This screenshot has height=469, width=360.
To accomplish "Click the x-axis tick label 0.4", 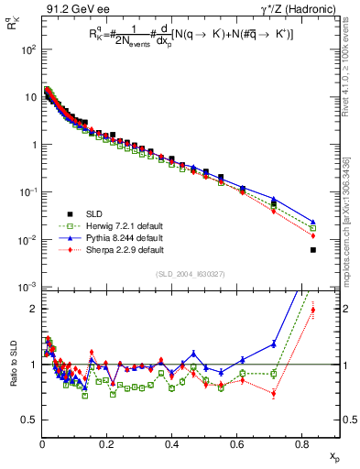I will point(172,446).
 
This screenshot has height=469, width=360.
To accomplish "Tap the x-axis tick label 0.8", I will point(302,446).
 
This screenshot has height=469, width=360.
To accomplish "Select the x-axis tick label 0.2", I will point(107,446).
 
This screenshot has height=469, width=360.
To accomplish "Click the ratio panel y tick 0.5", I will point(30,420).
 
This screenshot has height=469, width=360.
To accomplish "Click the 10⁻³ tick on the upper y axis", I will point(28,288).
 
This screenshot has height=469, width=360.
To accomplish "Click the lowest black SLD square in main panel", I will point(313,250).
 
